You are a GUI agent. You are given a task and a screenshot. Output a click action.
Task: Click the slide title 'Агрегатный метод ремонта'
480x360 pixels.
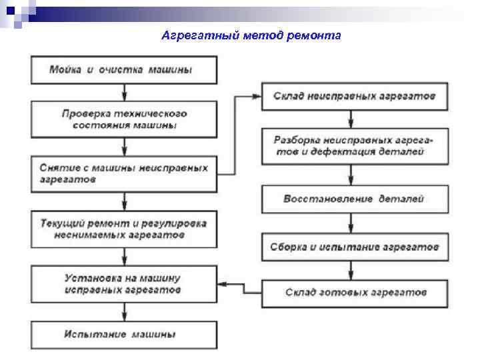(251, 35)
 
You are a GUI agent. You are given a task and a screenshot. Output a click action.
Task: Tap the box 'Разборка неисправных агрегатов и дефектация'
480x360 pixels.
(354, 147)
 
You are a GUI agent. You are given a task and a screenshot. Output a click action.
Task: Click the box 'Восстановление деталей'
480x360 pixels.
(354, 199)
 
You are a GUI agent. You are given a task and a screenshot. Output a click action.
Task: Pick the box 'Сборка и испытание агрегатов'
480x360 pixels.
(354, 247)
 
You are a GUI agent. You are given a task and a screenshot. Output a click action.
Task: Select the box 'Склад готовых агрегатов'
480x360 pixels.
(354, 293)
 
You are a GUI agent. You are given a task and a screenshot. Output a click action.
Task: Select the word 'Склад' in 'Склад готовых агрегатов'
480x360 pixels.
(299, 293)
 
